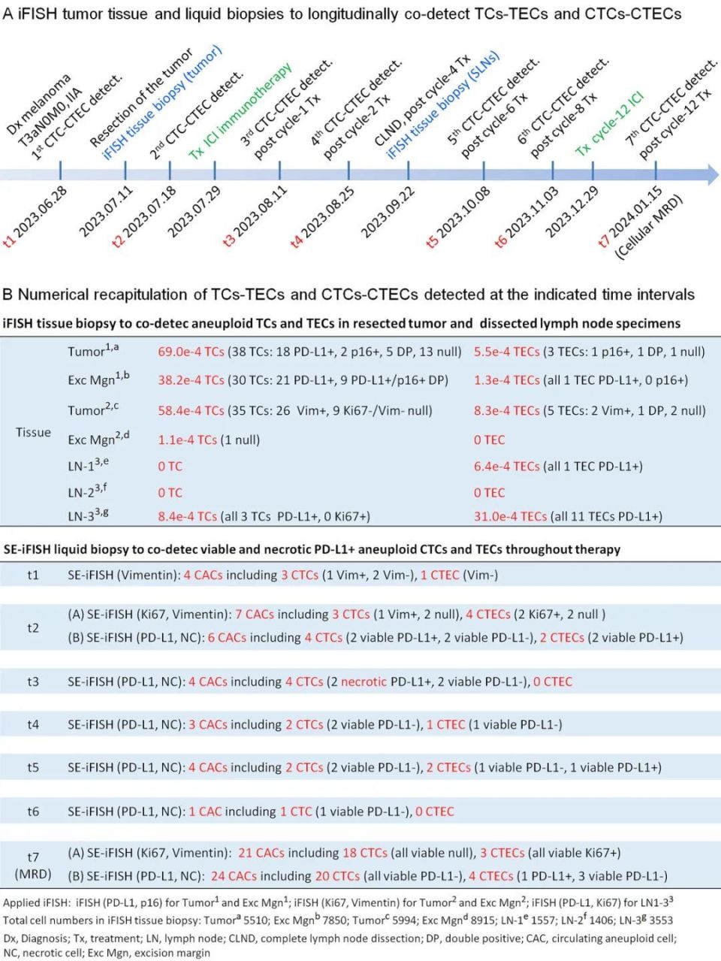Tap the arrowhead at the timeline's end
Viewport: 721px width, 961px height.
[x=710, y=174]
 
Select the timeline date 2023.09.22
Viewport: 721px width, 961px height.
[x=388, y=213]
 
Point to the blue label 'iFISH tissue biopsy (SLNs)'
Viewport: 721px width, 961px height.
[x=443, y=105]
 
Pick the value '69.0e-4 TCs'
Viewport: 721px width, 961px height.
[x=191, y=351]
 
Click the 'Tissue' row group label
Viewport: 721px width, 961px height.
[x=33, y=433]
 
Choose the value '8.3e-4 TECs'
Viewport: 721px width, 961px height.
[x=506, y=410]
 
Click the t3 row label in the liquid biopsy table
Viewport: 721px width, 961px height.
[x=33, y=681]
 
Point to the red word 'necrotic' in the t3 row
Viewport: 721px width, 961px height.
[x=364, y=681]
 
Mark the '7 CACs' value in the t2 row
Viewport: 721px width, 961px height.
[x=259, y=615]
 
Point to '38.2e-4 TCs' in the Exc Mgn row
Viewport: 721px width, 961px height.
[x=191, y=380]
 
